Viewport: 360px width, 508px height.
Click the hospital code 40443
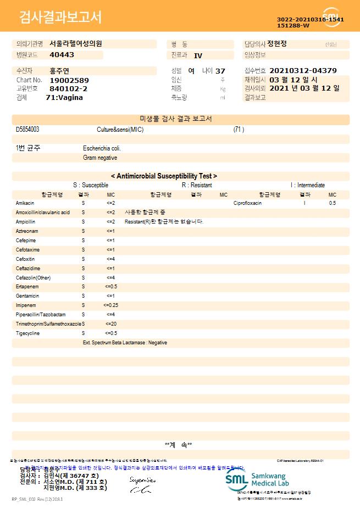click(62, 55)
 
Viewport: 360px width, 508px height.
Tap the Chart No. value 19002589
click(69, 80)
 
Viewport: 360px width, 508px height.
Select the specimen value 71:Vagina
click(64, 97)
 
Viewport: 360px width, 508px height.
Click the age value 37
click(220, 71)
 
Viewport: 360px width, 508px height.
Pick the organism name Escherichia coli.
click(102, 148)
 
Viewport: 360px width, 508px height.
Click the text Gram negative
click(100, 158)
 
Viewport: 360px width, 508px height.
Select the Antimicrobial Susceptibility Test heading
click(164, 176)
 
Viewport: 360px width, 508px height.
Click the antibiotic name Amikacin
click(25, 203)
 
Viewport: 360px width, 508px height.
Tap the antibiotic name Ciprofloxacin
click(247, 203)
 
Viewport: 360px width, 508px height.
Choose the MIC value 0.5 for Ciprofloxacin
click(332, 203)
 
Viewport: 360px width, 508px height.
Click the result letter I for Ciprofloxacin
click(304, 203)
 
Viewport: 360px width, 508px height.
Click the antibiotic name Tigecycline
click(27, 333)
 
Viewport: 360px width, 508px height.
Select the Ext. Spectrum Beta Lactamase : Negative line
click(125, 343)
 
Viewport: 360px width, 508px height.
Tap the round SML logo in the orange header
click(332, 16)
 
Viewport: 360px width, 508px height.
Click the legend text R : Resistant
click(197, 186)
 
